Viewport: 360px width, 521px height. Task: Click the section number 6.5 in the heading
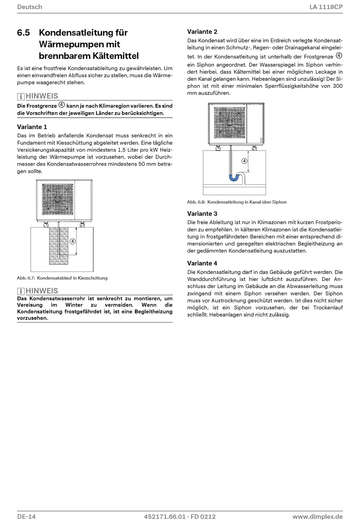tap(23, 33)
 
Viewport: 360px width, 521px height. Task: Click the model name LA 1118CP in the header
tap(326, 7)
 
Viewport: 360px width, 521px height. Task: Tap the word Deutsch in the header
tap(30, 7)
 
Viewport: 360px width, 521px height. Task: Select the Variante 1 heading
tap(32, 127)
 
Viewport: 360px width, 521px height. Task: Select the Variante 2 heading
tap(202, 31)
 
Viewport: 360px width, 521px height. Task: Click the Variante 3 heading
tap(202, 213)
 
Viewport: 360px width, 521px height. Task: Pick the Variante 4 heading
tap(202, 263)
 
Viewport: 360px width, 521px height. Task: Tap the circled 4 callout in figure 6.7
tap(72, 242)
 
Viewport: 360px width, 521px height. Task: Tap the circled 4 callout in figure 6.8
tap(244, 161)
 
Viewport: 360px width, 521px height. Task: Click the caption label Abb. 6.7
tap(26, 278)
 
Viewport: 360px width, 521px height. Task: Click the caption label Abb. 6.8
tap(196, 202)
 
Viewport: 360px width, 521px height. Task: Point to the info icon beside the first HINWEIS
tap(21, 96)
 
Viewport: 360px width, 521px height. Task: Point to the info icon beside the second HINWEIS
tap(21, 291)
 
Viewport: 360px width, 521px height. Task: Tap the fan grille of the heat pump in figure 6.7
tap(58, 199)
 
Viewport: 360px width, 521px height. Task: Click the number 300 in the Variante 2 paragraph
tap(338, 86)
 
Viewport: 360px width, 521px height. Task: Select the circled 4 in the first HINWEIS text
tap(62, 105)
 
